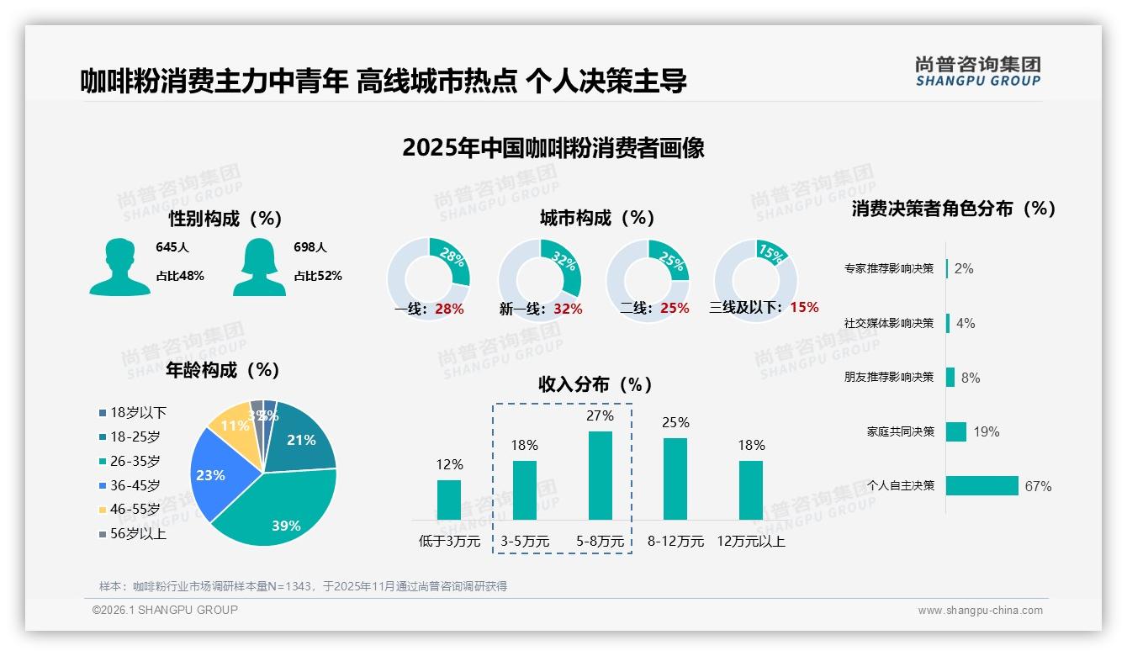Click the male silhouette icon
119,267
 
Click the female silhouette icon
259,267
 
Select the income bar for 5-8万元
600,475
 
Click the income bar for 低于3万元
449,500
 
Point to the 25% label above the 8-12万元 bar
675,422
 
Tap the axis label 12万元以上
750,542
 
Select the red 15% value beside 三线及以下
804,307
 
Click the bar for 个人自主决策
981,485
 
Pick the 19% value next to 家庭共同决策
987,432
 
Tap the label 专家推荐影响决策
889,269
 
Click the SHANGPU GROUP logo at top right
977,71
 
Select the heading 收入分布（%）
595,384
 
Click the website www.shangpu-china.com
980,611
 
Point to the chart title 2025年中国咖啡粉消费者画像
553,148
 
